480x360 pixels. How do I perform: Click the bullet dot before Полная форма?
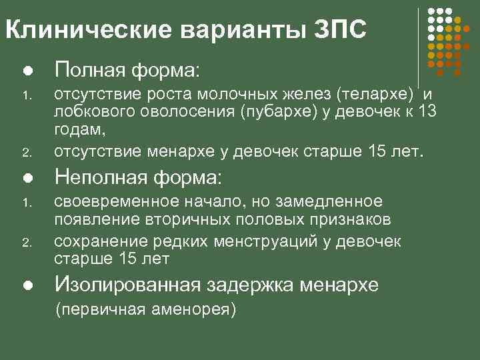click(26, 69)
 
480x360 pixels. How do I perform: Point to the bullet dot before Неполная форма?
click(26, 178)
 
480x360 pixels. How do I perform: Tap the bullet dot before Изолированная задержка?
click(26, 286)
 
